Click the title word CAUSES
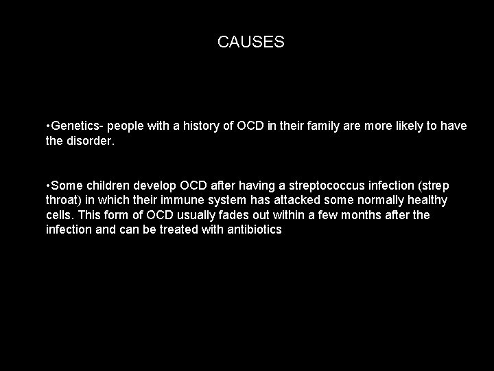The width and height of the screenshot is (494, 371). [250, 43]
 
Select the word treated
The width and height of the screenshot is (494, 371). [176, 229]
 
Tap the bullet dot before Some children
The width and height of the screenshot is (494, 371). [48, 185]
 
